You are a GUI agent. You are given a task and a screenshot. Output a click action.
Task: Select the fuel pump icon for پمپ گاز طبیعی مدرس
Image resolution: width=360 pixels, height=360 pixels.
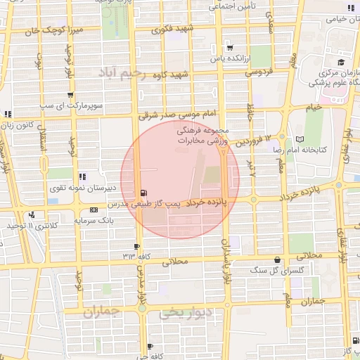144,193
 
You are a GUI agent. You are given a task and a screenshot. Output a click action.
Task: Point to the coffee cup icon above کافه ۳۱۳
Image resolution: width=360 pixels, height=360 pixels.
136,247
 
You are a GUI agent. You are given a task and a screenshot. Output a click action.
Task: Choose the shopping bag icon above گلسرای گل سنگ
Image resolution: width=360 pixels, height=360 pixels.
277,259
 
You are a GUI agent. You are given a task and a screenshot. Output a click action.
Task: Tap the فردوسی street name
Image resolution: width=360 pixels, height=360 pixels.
259,72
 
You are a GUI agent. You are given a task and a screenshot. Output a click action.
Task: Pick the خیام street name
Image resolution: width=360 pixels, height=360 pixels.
314,106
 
